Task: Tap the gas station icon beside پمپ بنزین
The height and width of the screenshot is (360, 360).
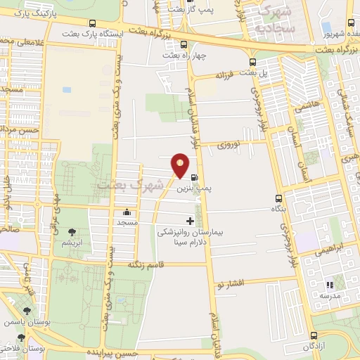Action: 194,177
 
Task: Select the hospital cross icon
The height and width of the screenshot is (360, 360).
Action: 189,221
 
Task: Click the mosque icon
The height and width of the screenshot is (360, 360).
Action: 127,212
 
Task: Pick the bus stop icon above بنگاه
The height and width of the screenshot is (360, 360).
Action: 278,199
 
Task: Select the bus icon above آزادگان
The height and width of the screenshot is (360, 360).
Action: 316,336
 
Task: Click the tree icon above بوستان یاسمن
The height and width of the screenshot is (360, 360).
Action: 27,310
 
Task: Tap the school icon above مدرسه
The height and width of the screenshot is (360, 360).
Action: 328,285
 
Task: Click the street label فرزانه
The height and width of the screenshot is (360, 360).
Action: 224,74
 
